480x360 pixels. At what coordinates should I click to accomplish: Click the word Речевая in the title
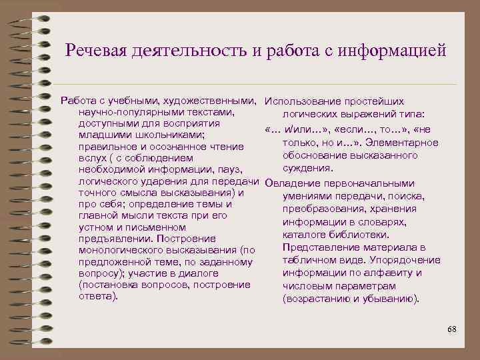coord(97,51)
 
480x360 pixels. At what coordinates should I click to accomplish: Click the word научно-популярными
coord(127,112)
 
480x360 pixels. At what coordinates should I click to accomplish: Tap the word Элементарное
coord(405,143)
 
